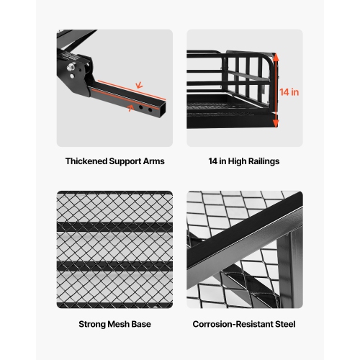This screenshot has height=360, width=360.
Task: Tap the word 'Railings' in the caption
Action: click(x=262, y=161)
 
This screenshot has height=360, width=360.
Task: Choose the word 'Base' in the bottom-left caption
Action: click(x=143, y=325)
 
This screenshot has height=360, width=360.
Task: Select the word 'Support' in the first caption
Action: click(x=124, y=161)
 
